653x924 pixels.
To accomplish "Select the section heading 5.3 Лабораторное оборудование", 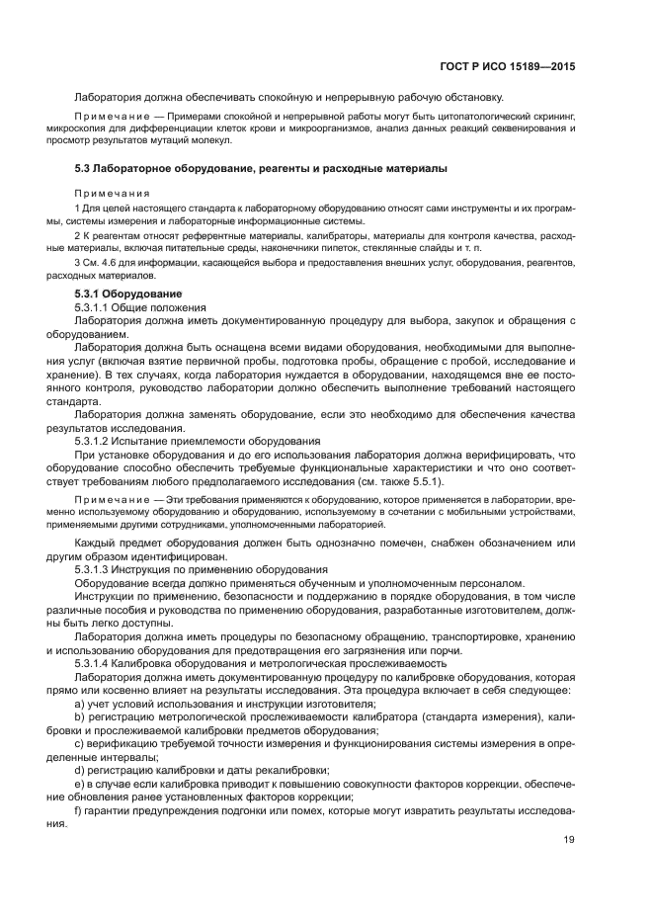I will click(261, 169).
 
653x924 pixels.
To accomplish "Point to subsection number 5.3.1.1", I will click(96, 308).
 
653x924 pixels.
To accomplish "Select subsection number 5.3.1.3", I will click(96, 570).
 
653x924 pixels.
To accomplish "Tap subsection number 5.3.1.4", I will click(96, 663).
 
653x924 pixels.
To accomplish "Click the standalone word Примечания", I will click(113, 193).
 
